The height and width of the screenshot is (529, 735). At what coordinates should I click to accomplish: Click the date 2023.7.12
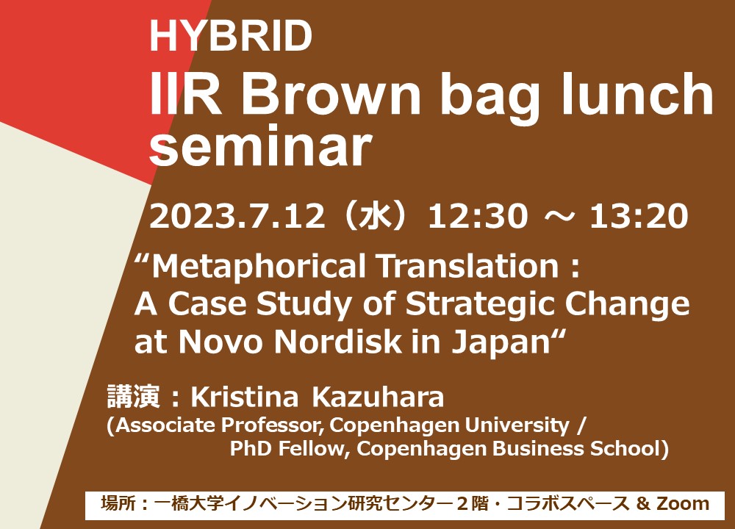pyautogui.click(x=237, y=217)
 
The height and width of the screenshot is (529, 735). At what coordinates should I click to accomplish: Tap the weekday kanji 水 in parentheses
pyautogui.click(x=375, y=217)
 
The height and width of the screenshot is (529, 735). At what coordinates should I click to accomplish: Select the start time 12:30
pyautogui.click(x=478, y=217)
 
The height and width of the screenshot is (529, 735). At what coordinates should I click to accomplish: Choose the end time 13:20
pyautogui.click(x=639, y=217)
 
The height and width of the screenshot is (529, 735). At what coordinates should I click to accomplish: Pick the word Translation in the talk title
pyautogui.click(x=468, y=266)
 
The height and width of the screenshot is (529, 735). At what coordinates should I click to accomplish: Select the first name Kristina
pyautogui.click(x=244, y=397)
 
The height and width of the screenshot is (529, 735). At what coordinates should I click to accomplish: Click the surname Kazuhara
pyautogui.click(x=378, y=397)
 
